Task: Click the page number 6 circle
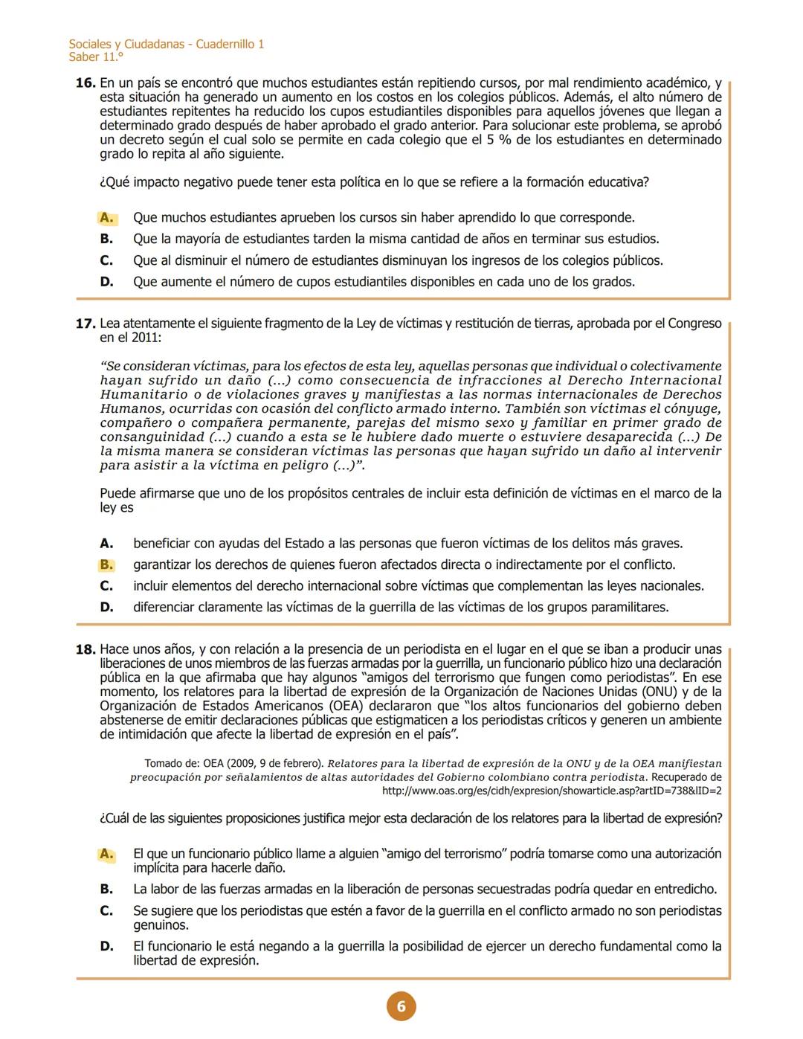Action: [x=401, y=1006]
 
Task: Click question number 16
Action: [x=86, y=83]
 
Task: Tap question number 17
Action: [x=86, y=324]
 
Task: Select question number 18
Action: [x=86, y=650]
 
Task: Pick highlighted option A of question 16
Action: [x=107, y=218]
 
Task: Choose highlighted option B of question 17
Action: [x=107, y=564]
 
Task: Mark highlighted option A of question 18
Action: [x=107, y=854]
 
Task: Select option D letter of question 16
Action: [x=107, y=282]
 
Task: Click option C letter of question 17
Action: [x=107, y=586]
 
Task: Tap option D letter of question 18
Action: [x=107, y=947]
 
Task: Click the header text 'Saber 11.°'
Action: [x=96, y=57]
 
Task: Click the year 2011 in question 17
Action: [x=145, y=338]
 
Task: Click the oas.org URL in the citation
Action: [x=551, y=791]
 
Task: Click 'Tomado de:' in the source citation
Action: [x=172, y=764]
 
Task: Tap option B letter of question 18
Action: [x=107, y=890]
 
